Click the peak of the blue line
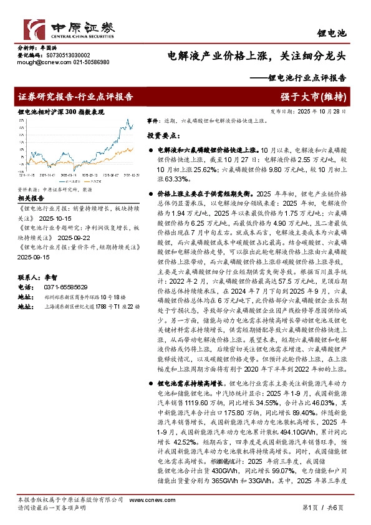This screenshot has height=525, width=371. pyautogui.click(x=128, y=120)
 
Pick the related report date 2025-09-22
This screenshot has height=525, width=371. pyautogui.click(x=73, y=238)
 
